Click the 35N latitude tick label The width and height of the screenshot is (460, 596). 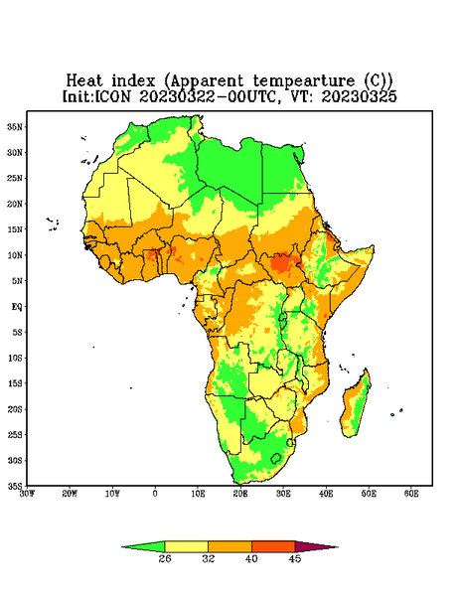[16, 126]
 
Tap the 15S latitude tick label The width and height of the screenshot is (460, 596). [16, 383]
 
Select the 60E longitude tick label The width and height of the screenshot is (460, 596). [411, 494]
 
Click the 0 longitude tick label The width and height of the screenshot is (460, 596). [155, 494]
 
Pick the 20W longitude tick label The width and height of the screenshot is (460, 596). [70, 494]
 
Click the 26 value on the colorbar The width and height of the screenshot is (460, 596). [165, 558]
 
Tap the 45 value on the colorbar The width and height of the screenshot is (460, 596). [295, 558]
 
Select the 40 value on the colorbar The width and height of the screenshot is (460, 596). [251, 558]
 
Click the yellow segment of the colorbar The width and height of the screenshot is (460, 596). [186, 546]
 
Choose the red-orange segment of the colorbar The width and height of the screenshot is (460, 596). [273, 546]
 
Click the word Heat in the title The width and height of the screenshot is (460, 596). [84, 81]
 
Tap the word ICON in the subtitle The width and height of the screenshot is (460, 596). [112, 96]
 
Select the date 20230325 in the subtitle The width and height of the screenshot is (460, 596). [360, 96]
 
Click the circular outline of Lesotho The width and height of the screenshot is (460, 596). [276, 458]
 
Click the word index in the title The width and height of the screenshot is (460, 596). [133, 81]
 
